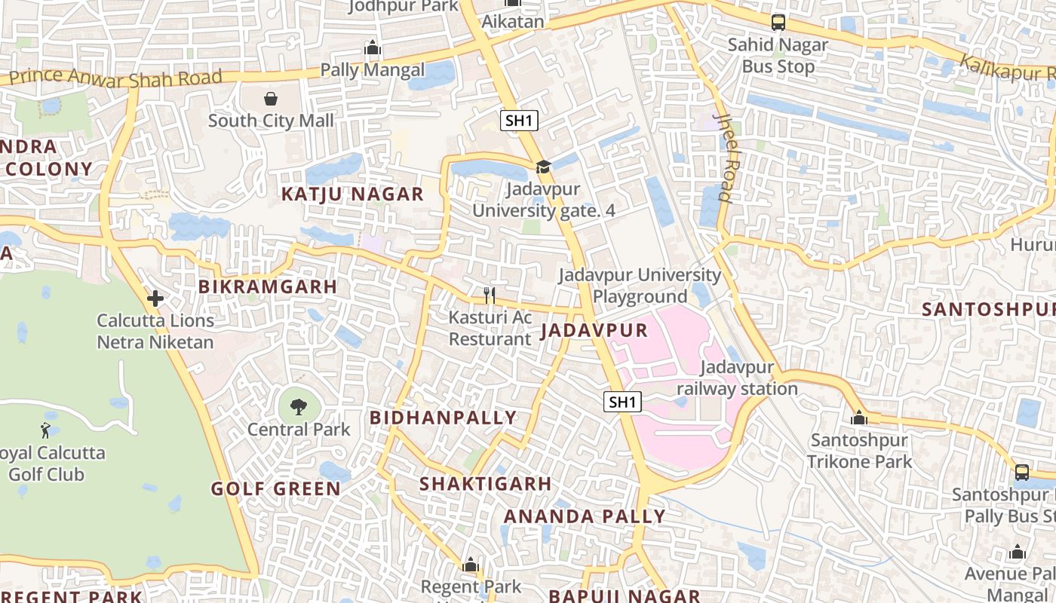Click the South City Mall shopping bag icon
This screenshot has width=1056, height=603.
[x=271, y=99]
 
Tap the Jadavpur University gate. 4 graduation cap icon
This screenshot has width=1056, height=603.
[x=543, y=167]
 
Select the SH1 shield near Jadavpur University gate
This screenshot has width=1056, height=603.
[x=519, y=121]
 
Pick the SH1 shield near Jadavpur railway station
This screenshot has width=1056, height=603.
[x=622, y=402]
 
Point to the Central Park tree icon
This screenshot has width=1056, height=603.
[x=299, y=407]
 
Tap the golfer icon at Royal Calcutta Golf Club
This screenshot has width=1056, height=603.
[x=45, y=431]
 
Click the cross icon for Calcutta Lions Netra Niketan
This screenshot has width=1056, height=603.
[x=155, y=298]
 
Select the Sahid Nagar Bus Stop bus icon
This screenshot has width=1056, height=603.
[x=778, y=23]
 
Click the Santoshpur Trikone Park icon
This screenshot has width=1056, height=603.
[x=858, y=417]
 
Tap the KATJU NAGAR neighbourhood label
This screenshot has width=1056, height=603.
[x=352, y=194]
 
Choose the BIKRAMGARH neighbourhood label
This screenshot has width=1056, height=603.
[x=268, y=286]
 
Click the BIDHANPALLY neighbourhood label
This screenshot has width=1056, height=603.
[x=443, y=418]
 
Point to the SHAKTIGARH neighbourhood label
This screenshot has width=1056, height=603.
[x=485, y=484]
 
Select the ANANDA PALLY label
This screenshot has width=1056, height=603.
[x=585, y=516]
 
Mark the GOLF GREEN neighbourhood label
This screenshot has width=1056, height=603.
[x=276, y=488]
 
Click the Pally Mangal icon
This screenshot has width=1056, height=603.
[x=373, y=49]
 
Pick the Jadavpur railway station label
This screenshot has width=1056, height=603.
[x=737, y=378]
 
